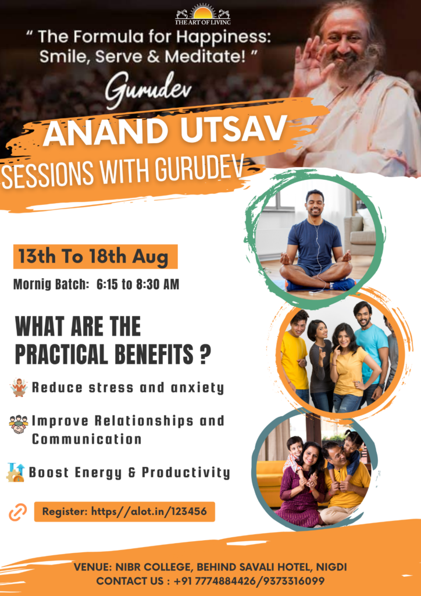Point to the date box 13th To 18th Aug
coord(95,256)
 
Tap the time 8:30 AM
coord(158,285)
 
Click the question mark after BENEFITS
coord(204,354)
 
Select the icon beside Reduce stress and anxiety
coord(19,387)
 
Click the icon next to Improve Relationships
coord(19,424)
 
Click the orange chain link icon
coord(17,512)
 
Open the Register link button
coord(124,512)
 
